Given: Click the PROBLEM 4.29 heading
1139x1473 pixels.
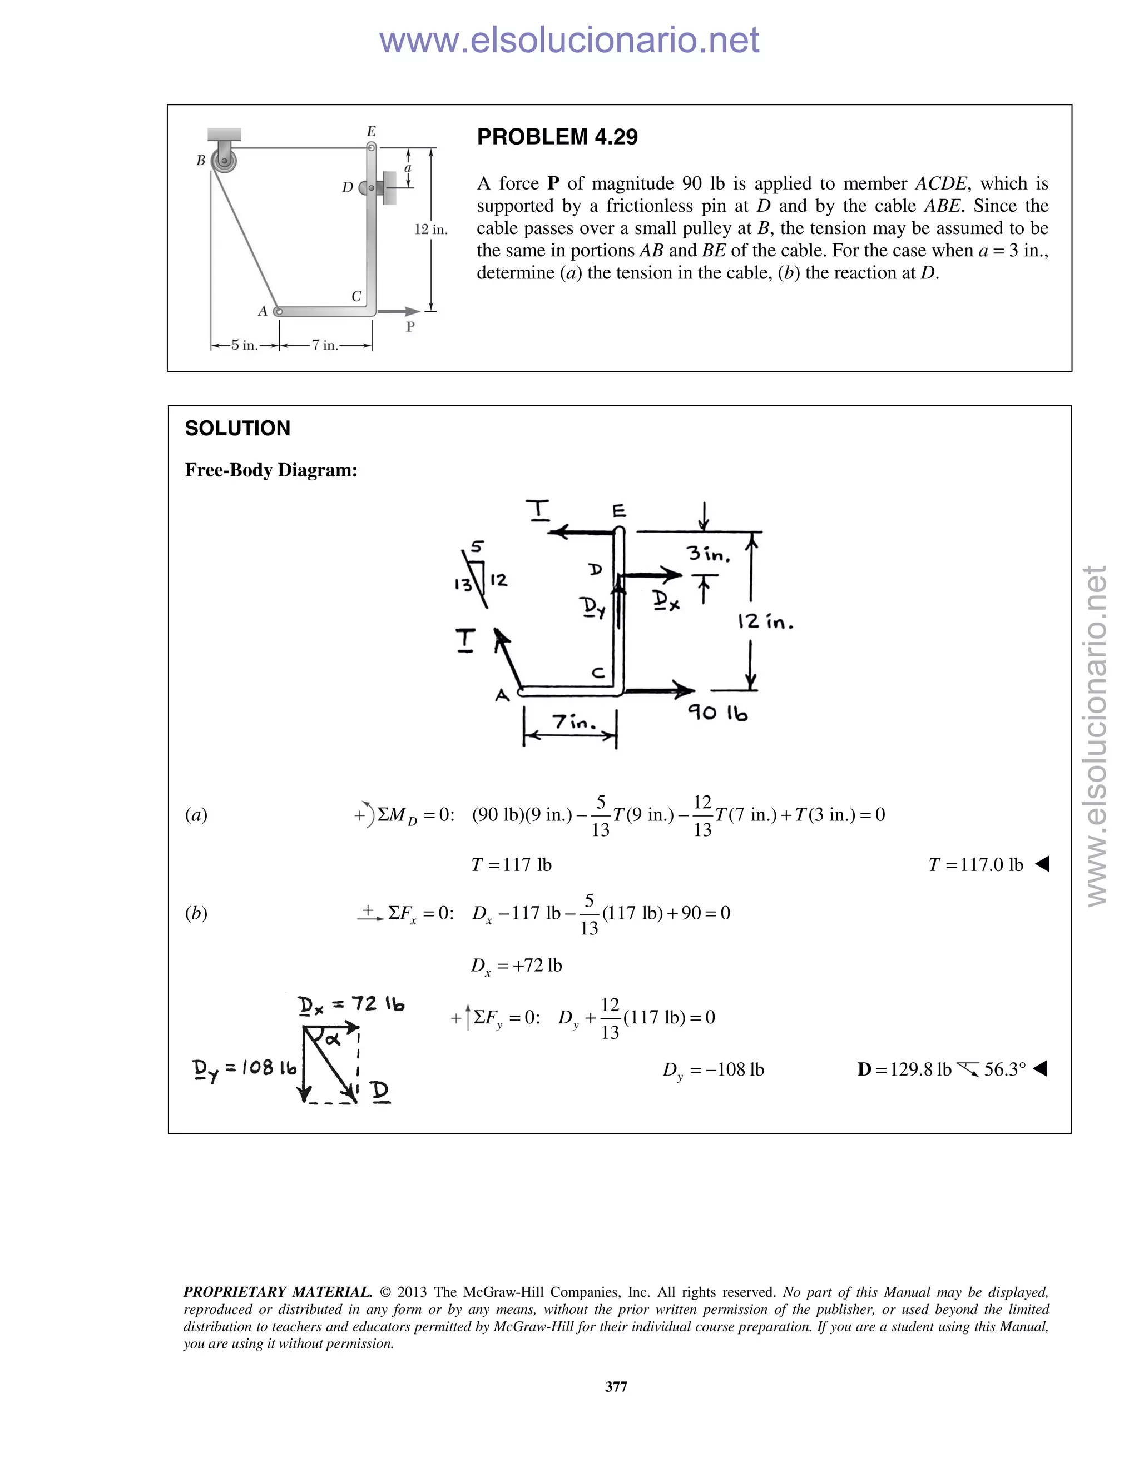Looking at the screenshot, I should tap(557, 137).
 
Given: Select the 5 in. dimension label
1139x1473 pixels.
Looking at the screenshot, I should tap(244, 345).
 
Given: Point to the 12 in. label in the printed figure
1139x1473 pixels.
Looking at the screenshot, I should tap(430, 230).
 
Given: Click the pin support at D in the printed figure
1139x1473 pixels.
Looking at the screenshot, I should tap(371, 187).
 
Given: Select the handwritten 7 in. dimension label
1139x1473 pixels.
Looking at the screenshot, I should tap(574, 723).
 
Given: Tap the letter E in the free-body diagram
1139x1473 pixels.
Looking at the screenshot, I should tap(619, 511).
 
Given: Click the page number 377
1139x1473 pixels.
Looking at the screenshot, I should tap(616, 1387).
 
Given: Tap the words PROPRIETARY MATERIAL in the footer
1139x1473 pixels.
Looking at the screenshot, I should tap(278, 1292).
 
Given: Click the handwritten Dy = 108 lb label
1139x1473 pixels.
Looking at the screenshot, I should tap(244, 1068).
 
